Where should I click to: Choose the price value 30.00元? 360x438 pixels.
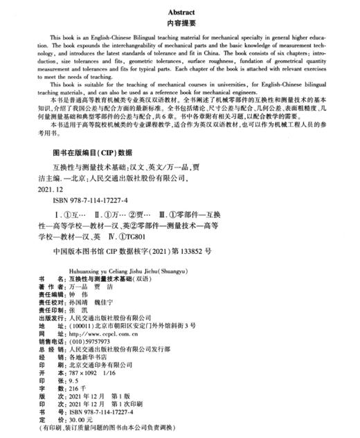tap(77, 420)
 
